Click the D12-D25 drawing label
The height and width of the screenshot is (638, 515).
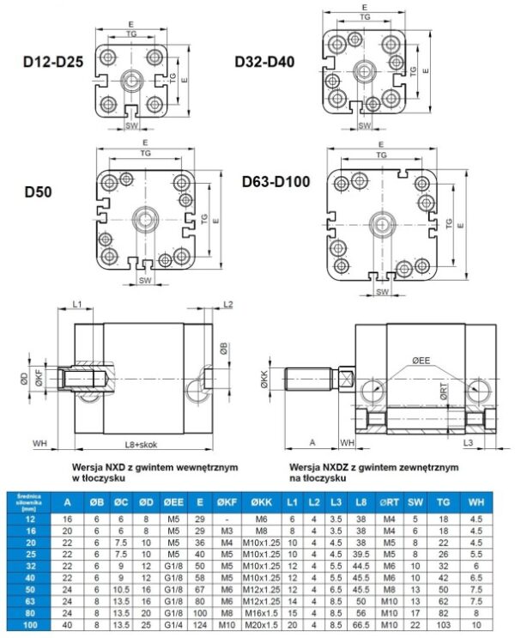click(x=51, y=62)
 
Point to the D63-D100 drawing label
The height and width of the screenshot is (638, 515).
click(x=276, y=181)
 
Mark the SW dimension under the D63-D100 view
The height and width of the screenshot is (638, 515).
click(x=380, y=292)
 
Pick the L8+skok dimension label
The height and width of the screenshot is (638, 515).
click(x=142, y=443)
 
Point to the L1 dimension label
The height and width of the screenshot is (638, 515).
click(x=76, y=305)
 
